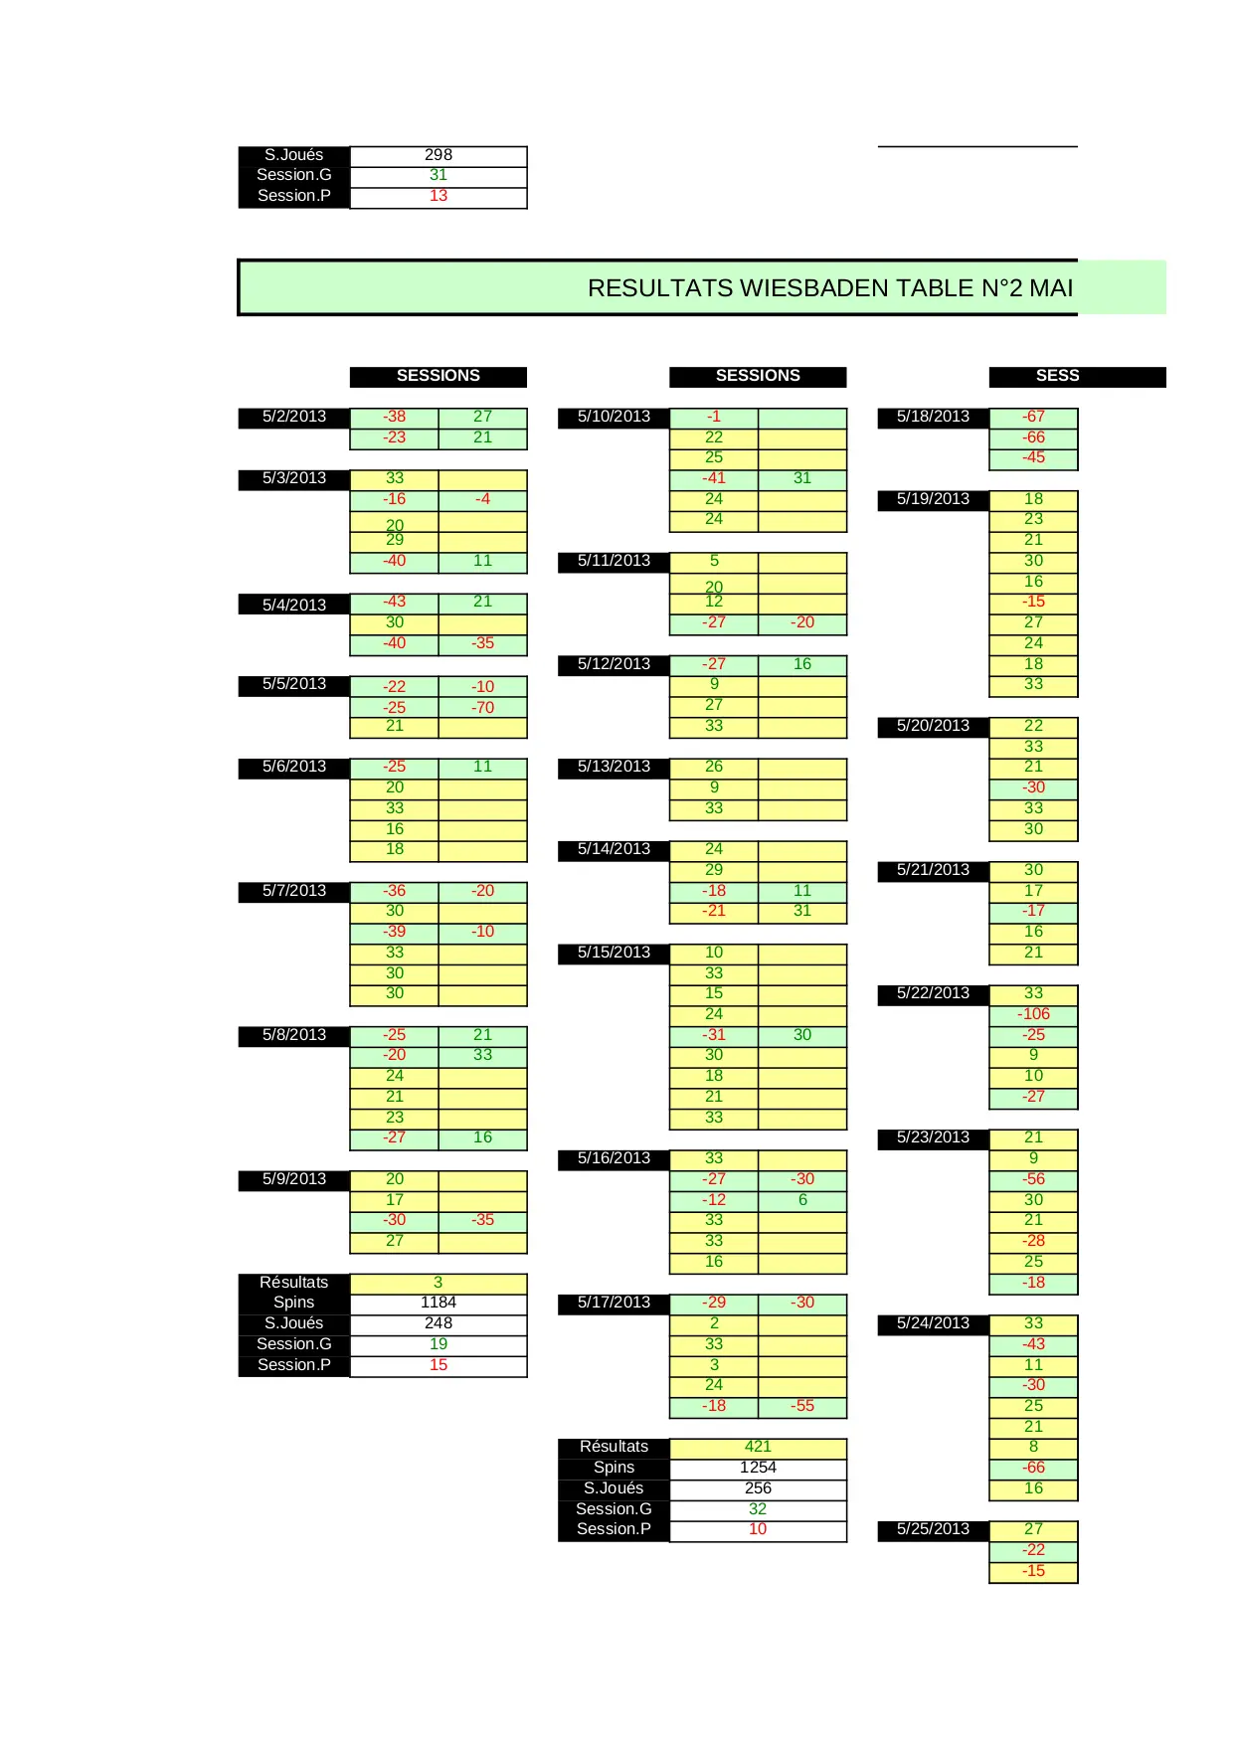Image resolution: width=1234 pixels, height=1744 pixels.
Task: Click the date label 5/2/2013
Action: pyautogui.click(x=293, y=417)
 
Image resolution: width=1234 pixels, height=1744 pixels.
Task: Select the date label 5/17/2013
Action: pyautogui.click(x=614, y=1303)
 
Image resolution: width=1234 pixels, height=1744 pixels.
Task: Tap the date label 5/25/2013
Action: pyautogui.click(x=933, y=1529)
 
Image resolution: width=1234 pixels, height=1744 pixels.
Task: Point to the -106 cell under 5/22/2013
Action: pyautogui.click(x=1033, y=1014)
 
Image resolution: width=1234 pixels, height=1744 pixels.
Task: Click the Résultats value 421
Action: pyautogui.click(x=758, y=1447)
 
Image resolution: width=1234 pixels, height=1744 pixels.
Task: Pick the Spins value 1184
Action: pyautogui.click(x=438, y=1303)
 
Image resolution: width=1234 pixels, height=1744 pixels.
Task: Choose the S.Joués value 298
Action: pyautogui.click(x=438, y=155)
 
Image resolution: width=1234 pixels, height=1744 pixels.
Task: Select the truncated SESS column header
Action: pyautogui.click(x=1057, y=376)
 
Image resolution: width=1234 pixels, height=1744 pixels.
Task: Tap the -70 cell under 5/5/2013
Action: pyautogui.click(x=482, y=708)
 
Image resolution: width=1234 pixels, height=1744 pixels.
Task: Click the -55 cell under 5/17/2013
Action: pyautogui.click(x=802, y=1406)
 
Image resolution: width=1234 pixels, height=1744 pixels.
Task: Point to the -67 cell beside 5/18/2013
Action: pyautogui.click(x=1033, y=417)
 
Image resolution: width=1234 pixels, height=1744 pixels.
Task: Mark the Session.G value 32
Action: pyautogui.click(x=758, y=1508)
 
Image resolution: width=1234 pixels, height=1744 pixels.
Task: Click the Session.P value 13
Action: pyautogui.click(x=438, y=196)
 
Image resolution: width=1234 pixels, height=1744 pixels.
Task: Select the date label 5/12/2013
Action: pyautogui.click(x=614, y=664)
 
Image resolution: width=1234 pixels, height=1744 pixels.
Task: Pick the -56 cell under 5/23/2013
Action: pyautogui.click(x=1033, y=1179)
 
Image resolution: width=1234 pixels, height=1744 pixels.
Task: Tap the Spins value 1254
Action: pyautogui.click(x=758, y=1468)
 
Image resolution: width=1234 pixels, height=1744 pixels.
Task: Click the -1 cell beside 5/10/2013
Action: pyautogui.click(x=713, y=417)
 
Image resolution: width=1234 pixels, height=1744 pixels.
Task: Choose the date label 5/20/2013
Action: pyautogui.click(x=933, y=726)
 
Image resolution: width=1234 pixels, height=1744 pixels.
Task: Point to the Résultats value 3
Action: pyautogui.click(x=438, y=1283)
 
